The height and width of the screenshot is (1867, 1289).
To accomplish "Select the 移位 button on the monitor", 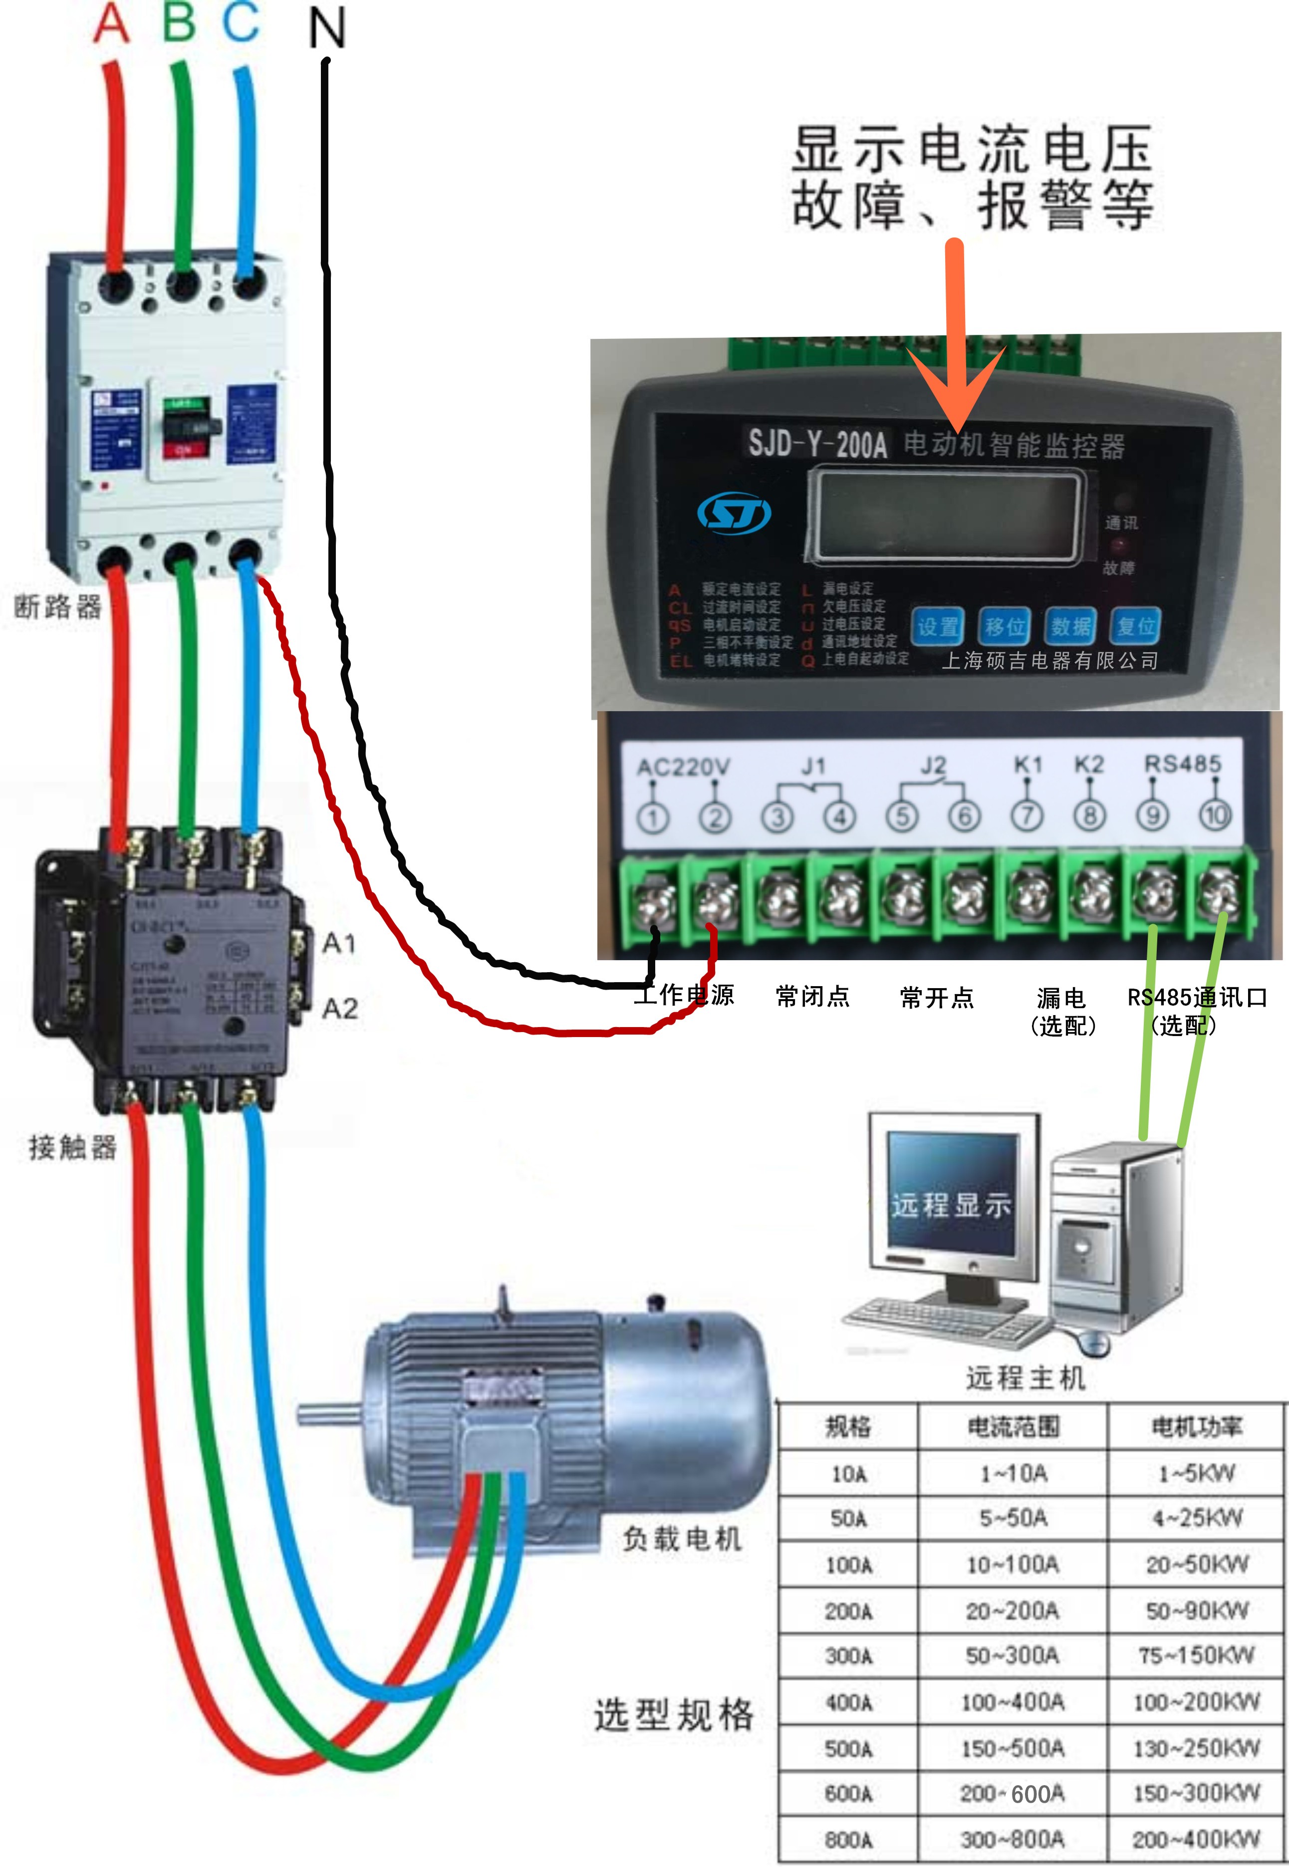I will coord(1004,626).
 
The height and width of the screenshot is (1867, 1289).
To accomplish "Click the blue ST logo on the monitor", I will coord(734,514).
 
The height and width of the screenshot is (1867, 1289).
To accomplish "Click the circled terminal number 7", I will coord(1028,817).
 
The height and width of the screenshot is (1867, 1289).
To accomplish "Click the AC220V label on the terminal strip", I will coord(683,767).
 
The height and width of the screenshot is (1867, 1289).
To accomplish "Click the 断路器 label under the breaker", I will coord(58,606).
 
